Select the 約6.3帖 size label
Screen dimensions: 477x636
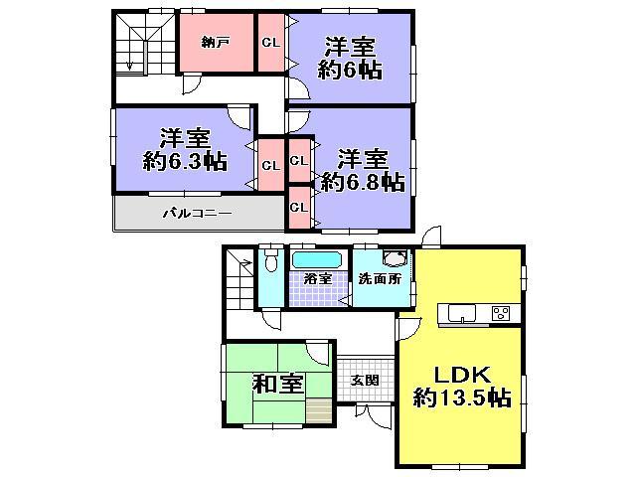coord(183,162)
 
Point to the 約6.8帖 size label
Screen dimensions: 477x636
coord(362,183)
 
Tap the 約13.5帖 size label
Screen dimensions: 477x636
coord(462,399)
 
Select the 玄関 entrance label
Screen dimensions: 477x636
coord(365,379)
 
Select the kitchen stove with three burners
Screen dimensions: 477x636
coord(502,314)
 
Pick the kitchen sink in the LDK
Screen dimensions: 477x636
coord(462,315)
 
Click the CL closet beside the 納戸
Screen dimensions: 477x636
coord(270,42)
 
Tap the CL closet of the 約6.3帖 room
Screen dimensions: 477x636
coord(270,165)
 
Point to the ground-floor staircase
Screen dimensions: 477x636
coord(238,278)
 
